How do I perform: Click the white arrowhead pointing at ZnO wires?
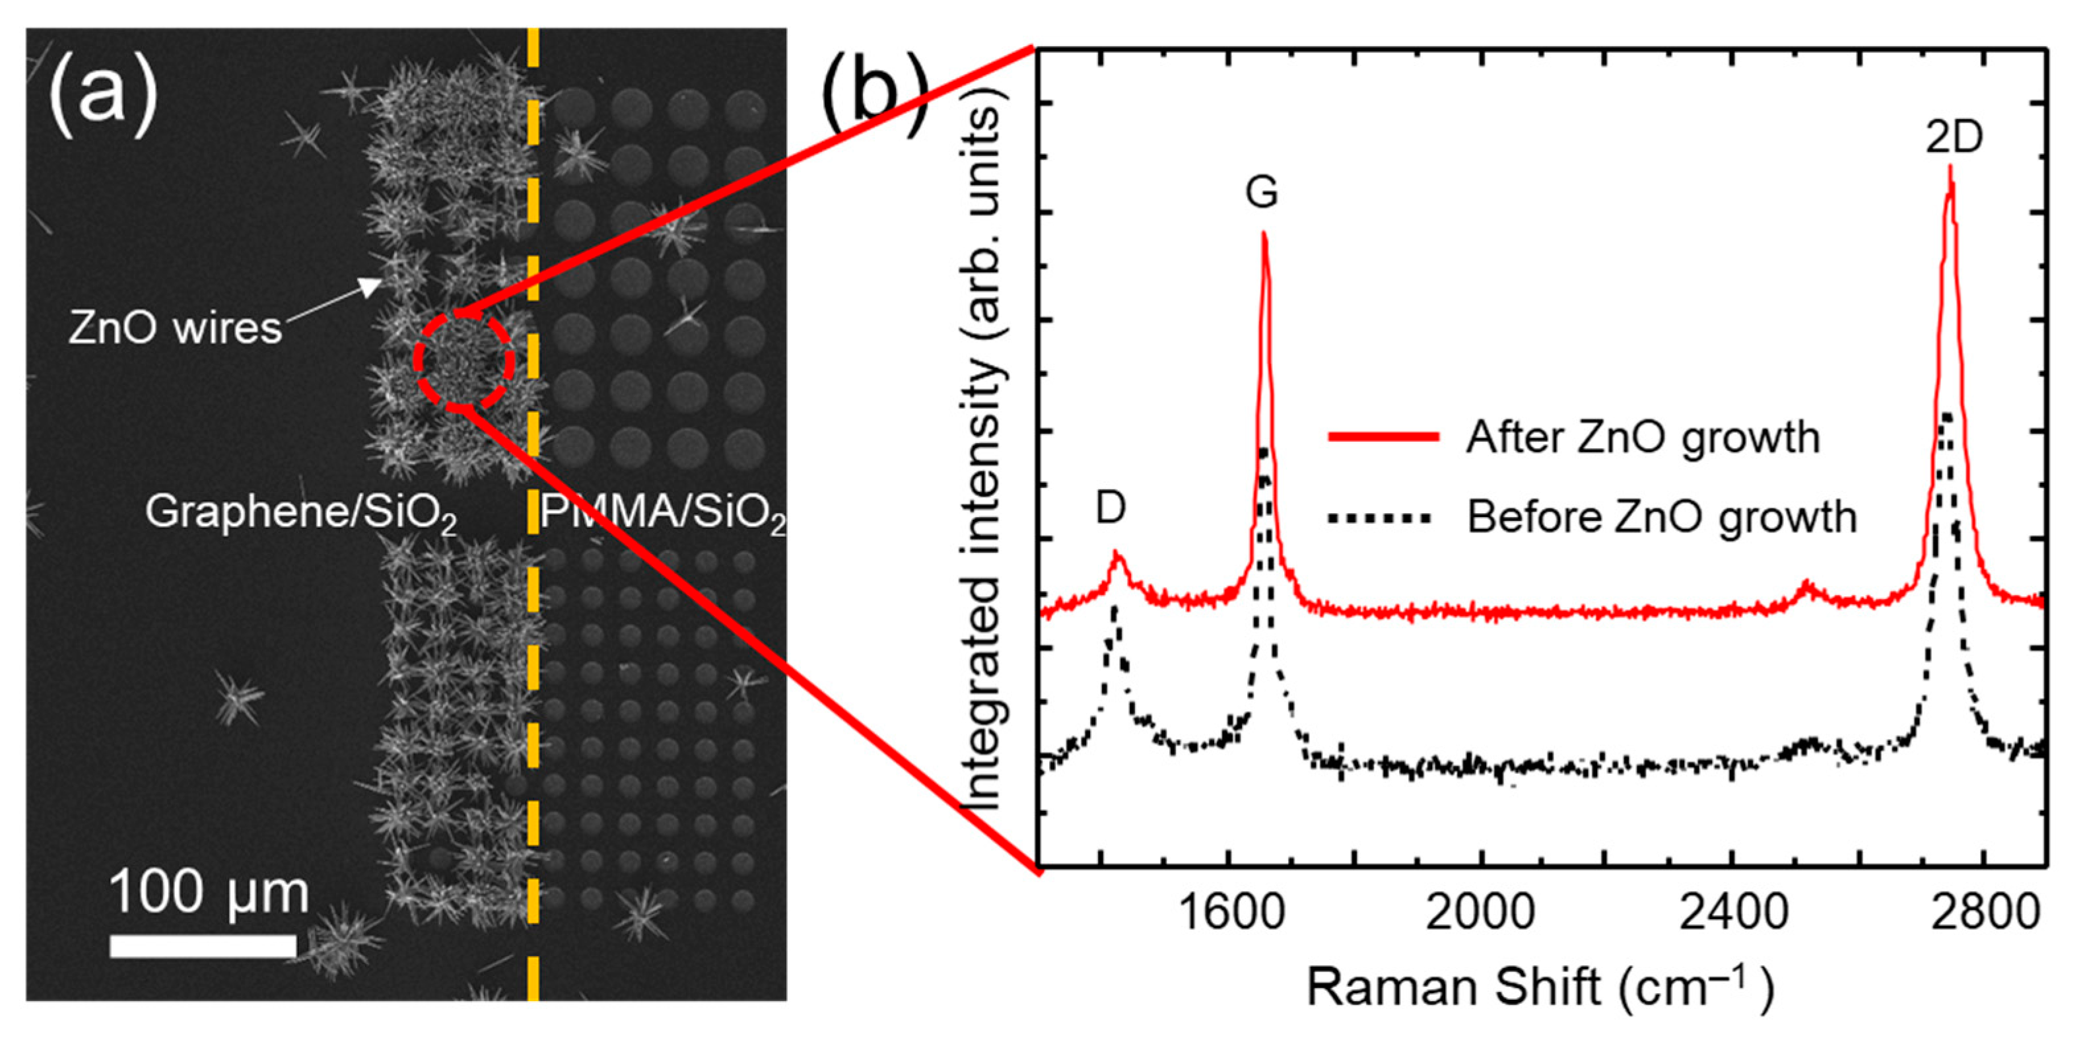click(373, 286)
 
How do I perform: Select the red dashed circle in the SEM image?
click(463, 361)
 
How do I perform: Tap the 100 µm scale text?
click(209, 893)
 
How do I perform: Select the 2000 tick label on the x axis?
click(1480, 913)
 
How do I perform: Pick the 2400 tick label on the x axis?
click(1732, 913)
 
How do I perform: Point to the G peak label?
click(1262, 193)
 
